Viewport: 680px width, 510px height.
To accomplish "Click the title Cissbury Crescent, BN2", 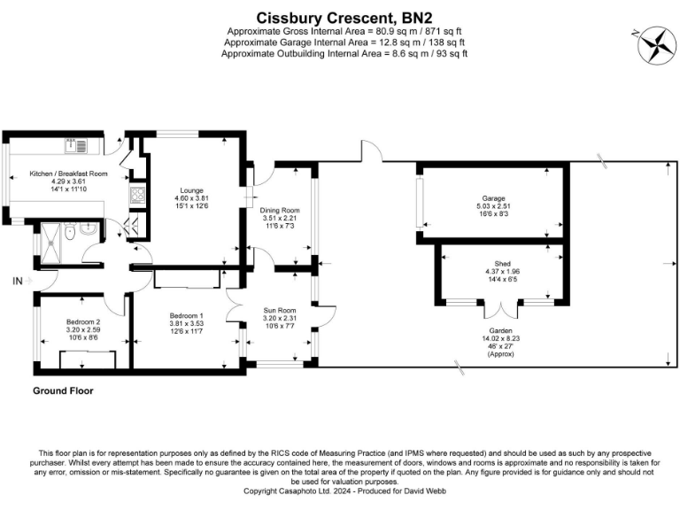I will coord(341,17).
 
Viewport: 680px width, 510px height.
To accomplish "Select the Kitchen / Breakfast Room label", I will coord(68,174).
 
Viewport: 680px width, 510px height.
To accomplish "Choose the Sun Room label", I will coord(280,311).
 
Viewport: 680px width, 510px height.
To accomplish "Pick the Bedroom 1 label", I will coord(186,316).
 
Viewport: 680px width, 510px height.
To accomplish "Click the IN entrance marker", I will coord(17,282).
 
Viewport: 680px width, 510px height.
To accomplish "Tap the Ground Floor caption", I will coord(63,390).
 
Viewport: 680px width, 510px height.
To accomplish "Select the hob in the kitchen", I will coord(137,197).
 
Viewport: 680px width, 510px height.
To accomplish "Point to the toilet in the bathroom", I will coord(82,231).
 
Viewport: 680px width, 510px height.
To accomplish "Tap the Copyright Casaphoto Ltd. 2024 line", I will coord(339,491).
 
